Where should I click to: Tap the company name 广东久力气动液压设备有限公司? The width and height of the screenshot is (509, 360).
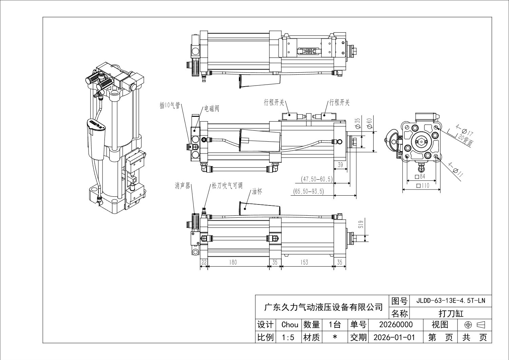coord(323,307)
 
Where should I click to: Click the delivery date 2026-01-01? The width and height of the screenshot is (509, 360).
coord(394,337)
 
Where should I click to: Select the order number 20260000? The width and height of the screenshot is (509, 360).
coord(396,325)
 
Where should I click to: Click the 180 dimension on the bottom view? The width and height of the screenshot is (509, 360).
coord(233,262)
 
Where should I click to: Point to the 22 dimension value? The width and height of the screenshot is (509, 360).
coord(204,262)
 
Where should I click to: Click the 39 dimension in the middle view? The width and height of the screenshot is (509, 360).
coord(340,165)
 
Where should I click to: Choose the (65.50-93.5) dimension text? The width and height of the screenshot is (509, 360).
coord(308,192)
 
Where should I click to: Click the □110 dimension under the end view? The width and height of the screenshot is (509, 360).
coord(423,186)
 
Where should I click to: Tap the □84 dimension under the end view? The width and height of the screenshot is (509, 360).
coord(420,177)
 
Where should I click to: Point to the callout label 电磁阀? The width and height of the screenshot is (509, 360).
coord(211,109)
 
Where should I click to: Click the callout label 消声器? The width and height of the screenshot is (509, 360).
coord(182,186)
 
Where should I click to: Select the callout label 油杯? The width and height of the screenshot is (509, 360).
coord(257,192)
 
